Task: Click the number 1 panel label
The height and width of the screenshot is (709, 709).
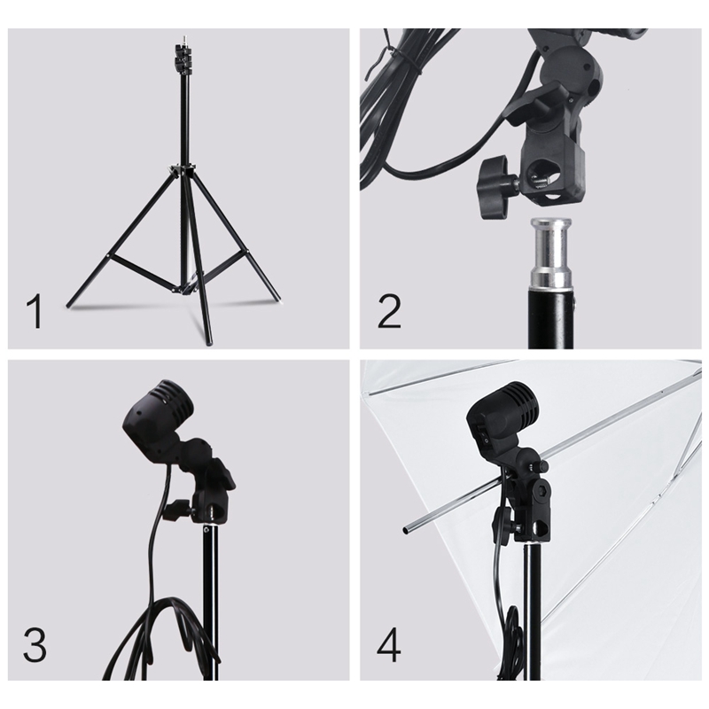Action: click(35, 311)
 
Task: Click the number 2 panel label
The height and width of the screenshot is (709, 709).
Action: click(389, 311)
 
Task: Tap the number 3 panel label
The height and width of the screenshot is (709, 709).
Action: click(35, 645)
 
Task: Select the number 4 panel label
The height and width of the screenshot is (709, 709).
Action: click(389, 645)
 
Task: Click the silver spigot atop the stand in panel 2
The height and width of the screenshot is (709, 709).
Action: click(550, 253)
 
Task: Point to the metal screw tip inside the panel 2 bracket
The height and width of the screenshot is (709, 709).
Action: click(541, 180)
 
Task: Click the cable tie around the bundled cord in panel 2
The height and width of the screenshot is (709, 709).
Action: click(398, 57)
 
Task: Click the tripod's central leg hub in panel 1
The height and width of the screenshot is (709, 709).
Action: click(183, 171)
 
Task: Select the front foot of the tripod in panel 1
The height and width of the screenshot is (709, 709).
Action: click(208, 340)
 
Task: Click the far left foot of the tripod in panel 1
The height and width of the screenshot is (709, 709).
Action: click(70, 304)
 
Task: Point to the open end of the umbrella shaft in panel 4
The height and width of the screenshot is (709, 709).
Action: click(405, 530)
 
